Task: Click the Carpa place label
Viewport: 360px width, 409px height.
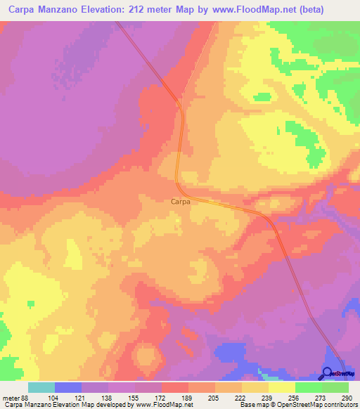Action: (x=180, y=201)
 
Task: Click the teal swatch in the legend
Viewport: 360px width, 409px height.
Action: (x=41, y=387)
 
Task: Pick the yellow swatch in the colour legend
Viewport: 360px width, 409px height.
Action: (x=282, y=387)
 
